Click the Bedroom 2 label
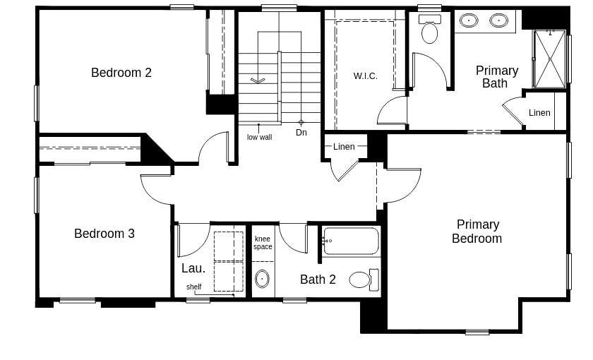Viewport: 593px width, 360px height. coord(121,73)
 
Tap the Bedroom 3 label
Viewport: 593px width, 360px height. coord(104,234)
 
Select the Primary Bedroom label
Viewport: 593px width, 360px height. coord(477,232)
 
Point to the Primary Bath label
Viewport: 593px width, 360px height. coord(496,77)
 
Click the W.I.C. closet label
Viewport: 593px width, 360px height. coord(365,76)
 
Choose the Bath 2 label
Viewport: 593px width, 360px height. coord(318,280)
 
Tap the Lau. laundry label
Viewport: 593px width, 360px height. coord(193,268)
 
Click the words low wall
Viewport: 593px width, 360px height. coord(259,137)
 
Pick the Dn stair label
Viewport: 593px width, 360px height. coord(301,133)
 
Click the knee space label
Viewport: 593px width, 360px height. coord(263,243)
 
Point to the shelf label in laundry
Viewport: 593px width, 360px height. coord(194,287)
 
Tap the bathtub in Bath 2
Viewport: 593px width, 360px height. coord(351,241)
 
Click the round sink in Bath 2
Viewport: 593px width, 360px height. coord(262,279)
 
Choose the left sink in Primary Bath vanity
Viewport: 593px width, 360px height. coord(469,20)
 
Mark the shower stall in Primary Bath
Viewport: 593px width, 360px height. coord(550,59)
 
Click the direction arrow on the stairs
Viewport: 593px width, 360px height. coord(258,80)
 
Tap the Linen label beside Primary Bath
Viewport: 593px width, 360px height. coord(539,113)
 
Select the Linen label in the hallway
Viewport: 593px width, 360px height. coord(344,147)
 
